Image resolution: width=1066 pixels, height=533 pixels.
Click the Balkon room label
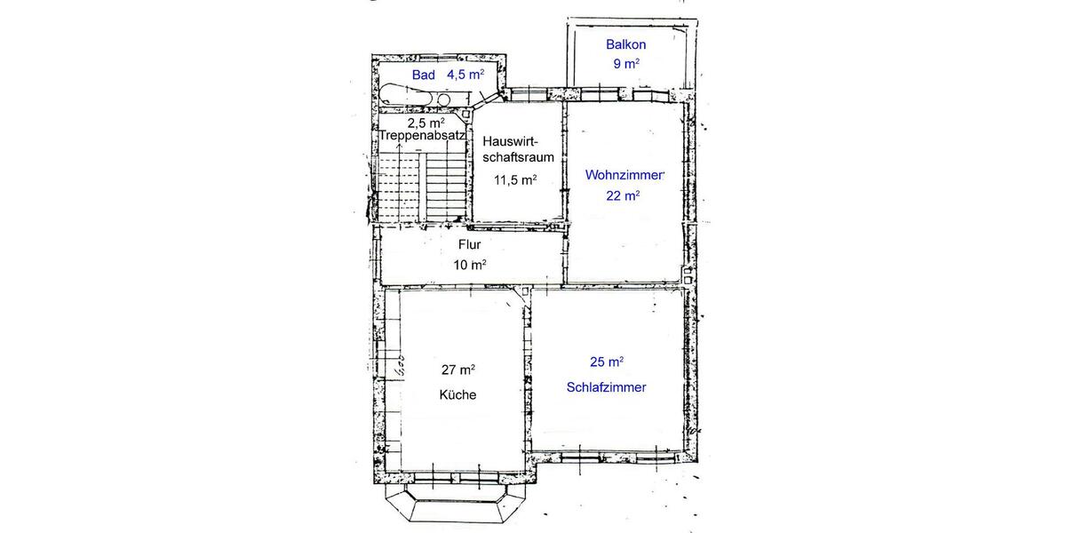[x=625, y=44]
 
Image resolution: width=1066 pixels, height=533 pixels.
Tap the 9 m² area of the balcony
[x=625, y=64]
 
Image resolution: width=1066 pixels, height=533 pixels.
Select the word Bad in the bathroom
[x=424, y=76]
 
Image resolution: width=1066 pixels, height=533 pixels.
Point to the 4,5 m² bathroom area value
[x=465, y=76]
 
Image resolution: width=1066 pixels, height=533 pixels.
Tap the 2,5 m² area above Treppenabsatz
[x=426, y=123]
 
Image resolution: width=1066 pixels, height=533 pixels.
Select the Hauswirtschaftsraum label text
[x=519, y=149]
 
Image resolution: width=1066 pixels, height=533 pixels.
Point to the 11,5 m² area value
[x=515, y=179]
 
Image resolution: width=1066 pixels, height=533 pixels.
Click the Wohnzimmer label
[x=624, y=176]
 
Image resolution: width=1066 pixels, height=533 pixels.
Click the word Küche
[x=457, y=394]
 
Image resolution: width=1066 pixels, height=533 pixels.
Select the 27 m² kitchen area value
[x=458, y=369]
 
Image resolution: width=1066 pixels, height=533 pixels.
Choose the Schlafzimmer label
[x=606, y=387]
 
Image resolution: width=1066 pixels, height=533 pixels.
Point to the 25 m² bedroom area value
[x=606, y=362]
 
